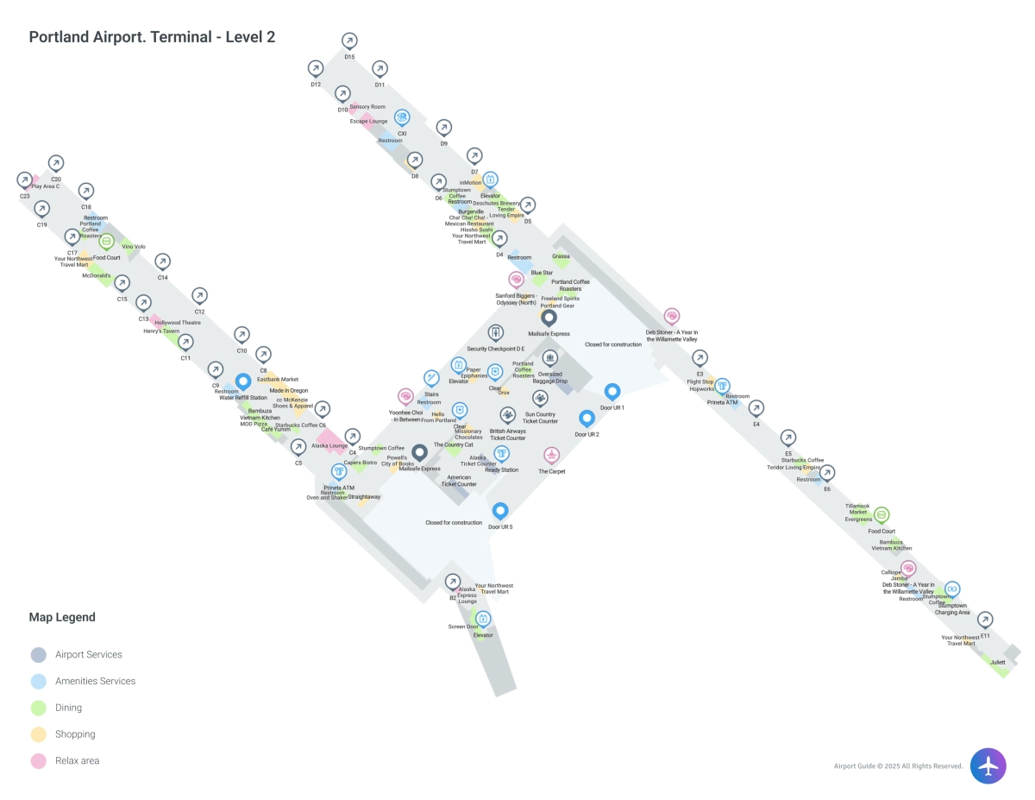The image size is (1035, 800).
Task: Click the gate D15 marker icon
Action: pos(349,41)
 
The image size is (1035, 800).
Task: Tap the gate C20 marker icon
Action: pos(56,163)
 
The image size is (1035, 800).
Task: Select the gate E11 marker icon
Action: pos(985,620)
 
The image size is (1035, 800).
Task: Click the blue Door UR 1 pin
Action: pos(612,393)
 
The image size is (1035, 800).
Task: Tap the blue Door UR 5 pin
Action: pos(500,512)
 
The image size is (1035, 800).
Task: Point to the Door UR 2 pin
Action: pos(586,419)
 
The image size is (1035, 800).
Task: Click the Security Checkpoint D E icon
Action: pos(496,333)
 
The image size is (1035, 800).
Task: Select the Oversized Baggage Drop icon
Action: pos(549,358)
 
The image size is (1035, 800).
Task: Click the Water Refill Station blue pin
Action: pos(243,381)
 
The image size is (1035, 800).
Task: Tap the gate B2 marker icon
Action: pos(453,582)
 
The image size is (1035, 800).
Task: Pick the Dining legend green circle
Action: pos(38,708)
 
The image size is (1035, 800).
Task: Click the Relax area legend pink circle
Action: pos(38,761)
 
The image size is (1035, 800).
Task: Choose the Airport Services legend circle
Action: pos(38,655)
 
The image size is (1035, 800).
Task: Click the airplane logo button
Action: pos(988,765)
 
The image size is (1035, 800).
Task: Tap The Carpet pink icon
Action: pos(552,456)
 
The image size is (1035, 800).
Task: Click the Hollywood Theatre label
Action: pos(178,323)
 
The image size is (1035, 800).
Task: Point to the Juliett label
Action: pos(998,662)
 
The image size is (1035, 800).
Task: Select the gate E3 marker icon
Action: pos(700,358)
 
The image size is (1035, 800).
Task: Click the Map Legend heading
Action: pos(62,617)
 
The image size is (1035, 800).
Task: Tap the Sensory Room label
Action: pos(367,107)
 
